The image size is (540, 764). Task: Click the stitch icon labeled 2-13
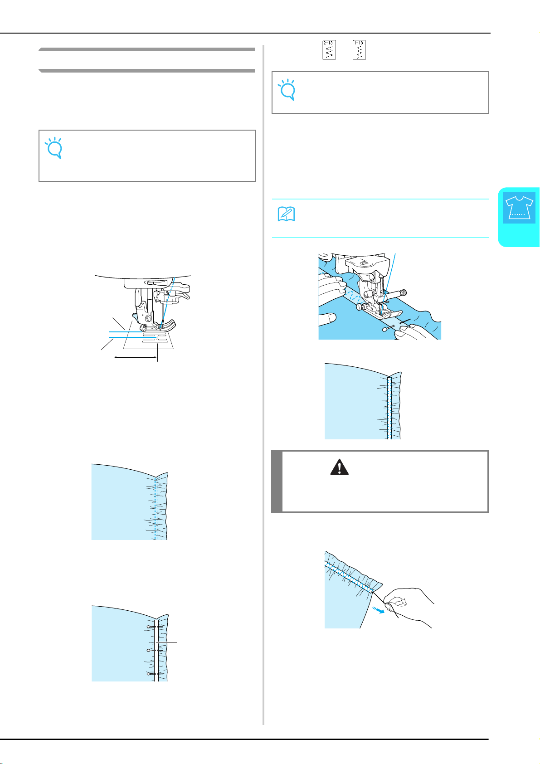click(329, 50)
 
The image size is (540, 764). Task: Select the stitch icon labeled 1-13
click(359, 50)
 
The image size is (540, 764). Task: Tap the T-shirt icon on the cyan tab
click(519, 208)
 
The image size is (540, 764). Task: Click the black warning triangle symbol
click(340, 467)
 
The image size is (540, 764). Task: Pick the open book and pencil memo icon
click(286, 214)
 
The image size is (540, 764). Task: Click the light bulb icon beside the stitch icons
click(287, 90)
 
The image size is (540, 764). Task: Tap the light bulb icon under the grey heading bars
click(54, 148)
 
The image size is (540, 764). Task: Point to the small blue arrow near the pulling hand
click(378, 609)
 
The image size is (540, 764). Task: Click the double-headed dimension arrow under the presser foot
click(136, 357)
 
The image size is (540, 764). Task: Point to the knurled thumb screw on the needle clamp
click(403, 292)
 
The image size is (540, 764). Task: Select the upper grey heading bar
click(147, 49)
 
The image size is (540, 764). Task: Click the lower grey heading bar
click(147, 71)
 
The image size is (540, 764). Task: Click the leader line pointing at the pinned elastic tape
click(167, 642)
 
